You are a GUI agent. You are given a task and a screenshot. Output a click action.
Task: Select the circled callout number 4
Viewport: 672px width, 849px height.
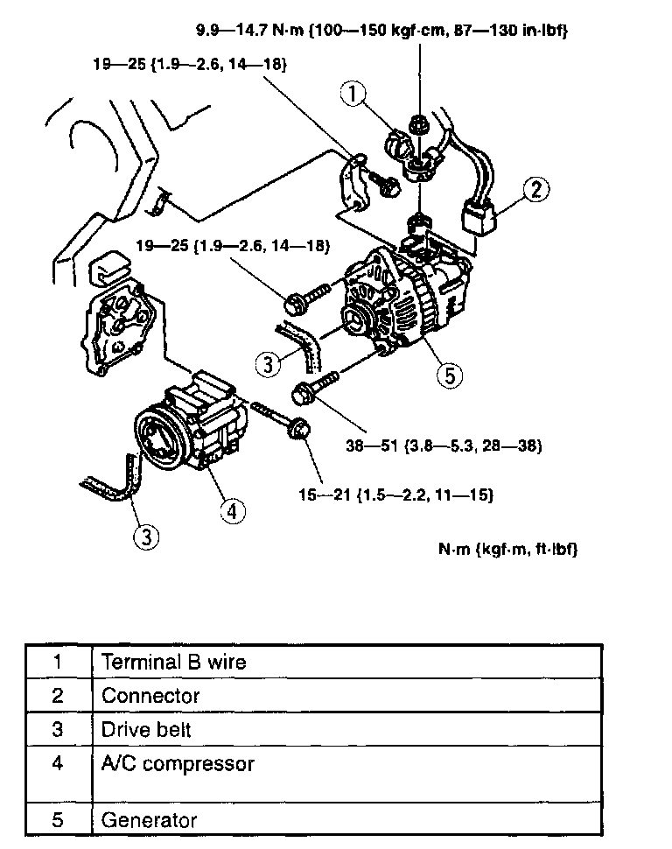[x=232, y=510]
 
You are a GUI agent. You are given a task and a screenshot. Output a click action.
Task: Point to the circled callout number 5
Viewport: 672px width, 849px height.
[x=448, y=375]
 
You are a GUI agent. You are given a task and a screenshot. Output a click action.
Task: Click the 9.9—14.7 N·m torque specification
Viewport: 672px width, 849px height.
[x=381, y=32]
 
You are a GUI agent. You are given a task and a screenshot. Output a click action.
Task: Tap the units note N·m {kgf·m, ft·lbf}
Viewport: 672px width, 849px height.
[x=507, y=550]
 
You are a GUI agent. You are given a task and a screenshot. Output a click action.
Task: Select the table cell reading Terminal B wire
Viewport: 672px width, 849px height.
[x=174, y=662]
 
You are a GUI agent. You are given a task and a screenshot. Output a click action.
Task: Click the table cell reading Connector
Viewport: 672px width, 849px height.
[x=150, y=697]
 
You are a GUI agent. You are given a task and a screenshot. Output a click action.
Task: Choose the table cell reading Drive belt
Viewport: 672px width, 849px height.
[x=146, y=730]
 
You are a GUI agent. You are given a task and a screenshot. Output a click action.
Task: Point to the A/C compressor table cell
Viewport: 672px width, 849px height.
[x=178, y=764]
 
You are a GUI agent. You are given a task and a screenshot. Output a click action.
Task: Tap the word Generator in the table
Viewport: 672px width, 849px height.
[x=150, y=821]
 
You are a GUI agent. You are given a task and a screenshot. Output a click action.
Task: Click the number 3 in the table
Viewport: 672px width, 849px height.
[x=58, y=730]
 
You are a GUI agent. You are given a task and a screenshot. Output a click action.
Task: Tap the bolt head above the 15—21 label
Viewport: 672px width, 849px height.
[x=299, y=429]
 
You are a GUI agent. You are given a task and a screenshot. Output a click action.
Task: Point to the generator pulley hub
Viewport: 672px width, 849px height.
[x=356, y=319]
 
